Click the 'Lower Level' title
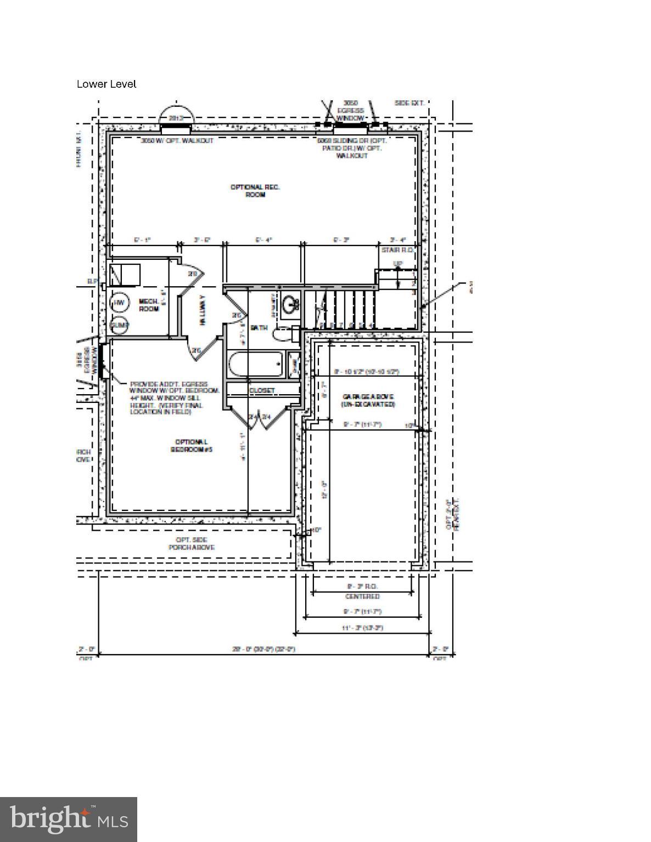(x=106, y=84)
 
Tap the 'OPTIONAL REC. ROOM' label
(x=255, y=191)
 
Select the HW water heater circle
(x=119, y=303)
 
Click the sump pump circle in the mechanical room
(x=119, y=325)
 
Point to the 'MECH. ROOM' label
(x=148, y=305)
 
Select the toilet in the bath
(x=283, y=334)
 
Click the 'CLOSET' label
(x=262, y=390)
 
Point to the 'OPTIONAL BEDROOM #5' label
(x=191, y=446)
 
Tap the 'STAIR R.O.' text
(x=397, y=250)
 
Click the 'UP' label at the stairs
(x=397, y=264)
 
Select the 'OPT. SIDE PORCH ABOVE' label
(x=191, y=543)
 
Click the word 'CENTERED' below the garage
(x=362, y=596)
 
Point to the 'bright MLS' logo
(x=69, y=819)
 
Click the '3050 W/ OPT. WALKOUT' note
(x=177, y=140)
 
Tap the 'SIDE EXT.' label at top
(x=409, y=103)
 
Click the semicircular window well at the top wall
(x=176, y=117)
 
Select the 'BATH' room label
(x=259, y=327)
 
